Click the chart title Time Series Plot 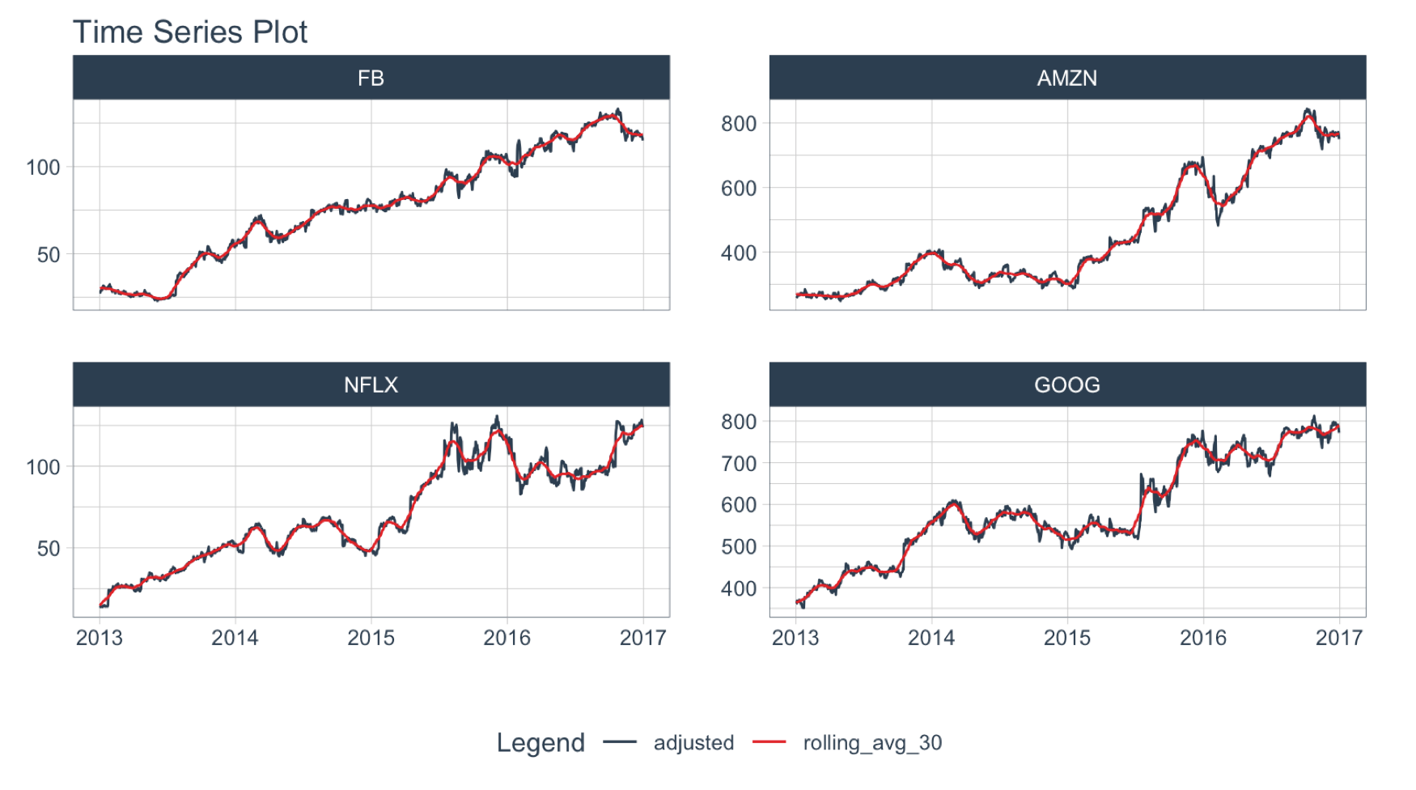coord(190,32)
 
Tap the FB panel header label coord(371,79)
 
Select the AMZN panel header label coord(1066,79)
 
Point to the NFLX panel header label coord(371,384)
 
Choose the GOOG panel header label coord(1066,384)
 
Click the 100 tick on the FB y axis coord(43,168)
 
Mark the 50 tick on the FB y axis coord(49,255)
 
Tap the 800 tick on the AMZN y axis coord(739,124)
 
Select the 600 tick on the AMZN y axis coord(739,189)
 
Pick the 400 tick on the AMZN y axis coord(739,253)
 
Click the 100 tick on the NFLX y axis coord(43,467)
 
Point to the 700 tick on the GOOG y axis coord(739,464)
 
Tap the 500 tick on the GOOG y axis coord(739,546)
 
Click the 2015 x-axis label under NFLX coord(371,638)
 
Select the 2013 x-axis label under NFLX coord(100,638)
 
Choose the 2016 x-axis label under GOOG coord(1202,638)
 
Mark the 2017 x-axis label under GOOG coord(1338,638)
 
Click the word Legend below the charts coord(541,742)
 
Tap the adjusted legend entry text coord(693,742)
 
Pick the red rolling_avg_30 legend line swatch coord(769,742)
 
